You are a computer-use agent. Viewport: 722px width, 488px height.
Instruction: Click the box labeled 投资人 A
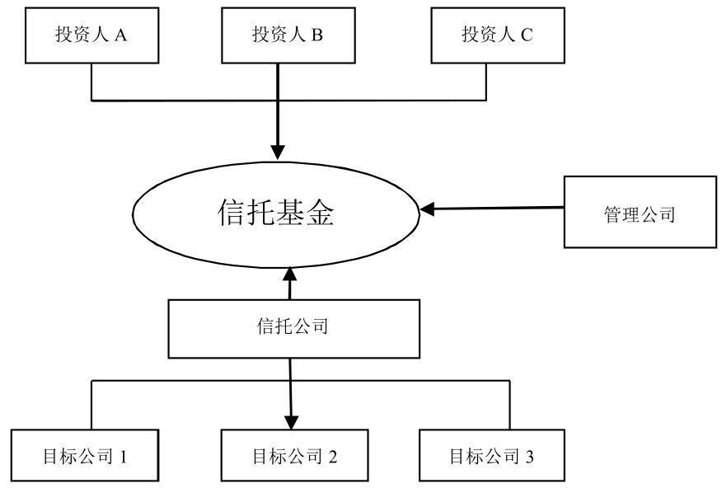pos(91,35)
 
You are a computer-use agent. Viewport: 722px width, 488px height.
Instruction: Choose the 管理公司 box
pos(640,213)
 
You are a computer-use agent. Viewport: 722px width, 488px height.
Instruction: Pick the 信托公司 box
pos(292,327)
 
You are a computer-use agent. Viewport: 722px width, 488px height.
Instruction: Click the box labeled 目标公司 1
pos(84,454)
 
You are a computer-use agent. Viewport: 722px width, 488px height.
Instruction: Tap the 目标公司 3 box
pos(492,454)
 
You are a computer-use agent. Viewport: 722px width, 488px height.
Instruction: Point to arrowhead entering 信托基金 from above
pos(279,152)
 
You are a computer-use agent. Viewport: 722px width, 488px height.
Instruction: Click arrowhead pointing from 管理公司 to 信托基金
pos(426,209)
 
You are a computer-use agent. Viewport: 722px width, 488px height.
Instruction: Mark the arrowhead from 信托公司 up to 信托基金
pos(290,274)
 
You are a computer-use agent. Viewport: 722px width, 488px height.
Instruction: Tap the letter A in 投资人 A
pos(121,35)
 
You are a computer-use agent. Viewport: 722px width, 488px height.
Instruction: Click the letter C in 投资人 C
pos(527,35)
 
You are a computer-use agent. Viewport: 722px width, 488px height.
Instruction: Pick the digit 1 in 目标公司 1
pos(123,455)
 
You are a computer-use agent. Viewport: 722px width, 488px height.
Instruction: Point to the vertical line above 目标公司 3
pos(509,404)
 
